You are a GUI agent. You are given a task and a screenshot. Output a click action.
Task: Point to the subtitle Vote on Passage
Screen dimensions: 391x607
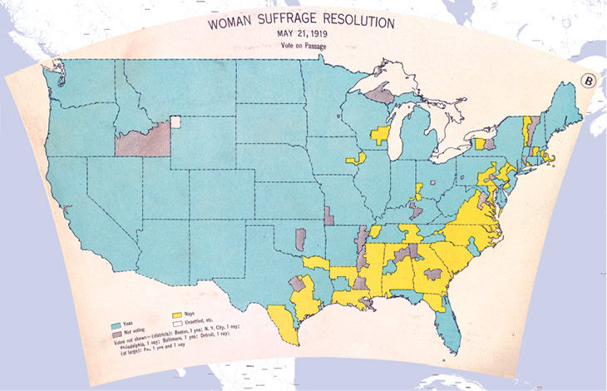(302, 47)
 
